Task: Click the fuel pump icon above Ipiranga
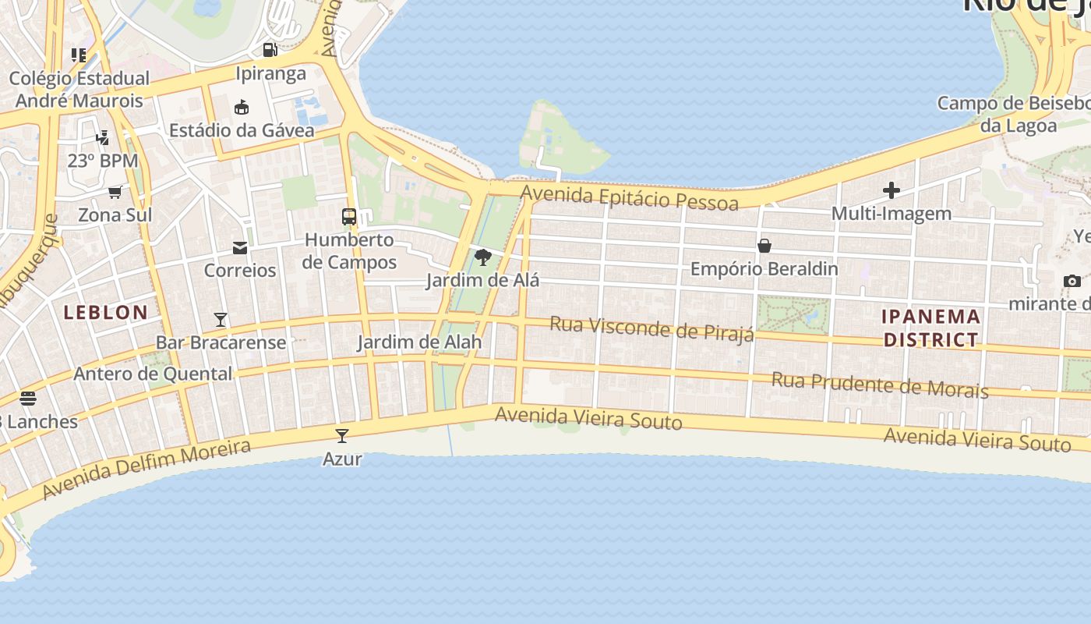270,50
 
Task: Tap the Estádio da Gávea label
242,130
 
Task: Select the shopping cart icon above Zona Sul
115,192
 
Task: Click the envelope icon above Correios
240,248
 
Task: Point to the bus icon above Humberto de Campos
349,217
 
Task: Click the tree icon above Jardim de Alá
483,257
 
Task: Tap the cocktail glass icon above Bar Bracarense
221,320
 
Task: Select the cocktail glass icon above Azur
342,435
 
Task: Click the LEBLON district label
106,313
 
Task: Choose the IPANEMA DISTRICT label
931,328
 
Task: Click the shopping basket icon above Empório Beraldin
764,246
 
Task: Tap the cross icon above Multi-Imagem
892,190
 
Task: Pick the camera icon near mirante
1072,281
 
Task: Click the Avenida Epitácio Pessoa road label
630,198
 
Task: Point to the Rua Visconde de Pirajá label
652,328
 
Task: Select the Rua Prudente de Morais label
880,385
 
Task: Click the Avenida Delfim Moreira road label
147,468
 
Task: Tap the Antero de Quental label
153,374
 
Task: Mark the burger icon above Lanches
28,399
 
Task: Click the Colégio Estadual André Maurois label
79,90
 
